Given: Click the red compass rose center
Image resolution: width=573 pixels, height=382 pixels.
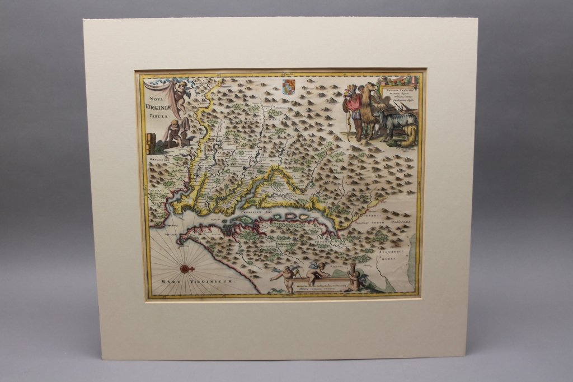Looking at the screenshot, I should click(x=187, y=269).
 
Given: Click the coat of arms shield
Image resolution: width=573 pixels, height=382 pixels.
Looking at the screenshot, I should click(x=288, y=86).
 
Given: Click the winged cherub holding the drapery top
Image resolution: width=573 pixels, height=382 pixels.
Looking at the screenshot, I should click(x=181, y=92).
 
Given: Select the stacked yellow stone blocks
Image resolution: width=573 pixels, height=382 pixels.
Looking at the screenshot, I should click(x=149, y=144).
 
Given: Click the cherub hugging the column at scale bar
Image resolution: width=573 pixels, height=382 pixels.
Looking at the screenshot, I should click(x=353, y=277).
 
